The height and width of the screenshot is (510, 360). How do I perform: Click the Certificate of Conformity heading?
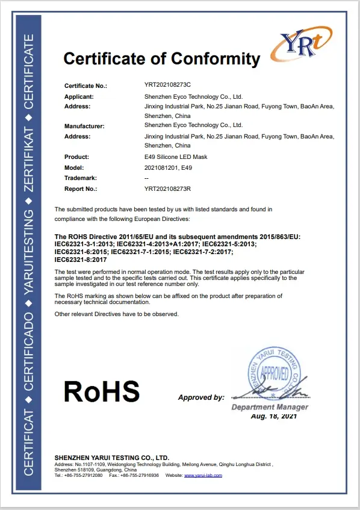point(161,59)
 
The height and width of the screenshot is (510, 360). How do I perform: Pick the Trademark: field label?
point(81,178)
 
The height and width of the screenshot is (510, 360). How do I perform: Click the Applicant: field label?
point(79,96)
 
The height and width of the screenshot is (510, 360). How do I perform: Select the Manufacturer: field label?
point(84,126)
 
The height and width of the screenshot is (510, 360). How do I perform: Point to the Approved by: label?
point(201,397)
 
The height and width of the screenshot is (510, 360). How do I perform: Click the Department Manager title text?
point(270,407)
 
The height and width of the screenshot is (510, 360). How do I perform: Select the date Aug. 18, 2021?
point(274,416)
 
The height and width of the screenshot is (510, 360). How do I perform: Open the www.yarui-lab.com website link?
point(203,475)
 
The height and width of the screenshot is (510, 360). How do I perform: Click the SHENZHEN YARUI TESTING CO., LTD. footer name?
point(112,458)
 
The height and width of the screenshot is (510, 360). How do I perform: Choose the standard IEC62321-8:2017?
point(80,260)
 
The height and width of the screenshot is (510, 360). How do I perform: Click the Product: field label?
point(76,157)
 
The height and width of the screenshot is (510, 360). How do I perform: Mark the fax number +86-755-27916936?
point(139,475)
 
